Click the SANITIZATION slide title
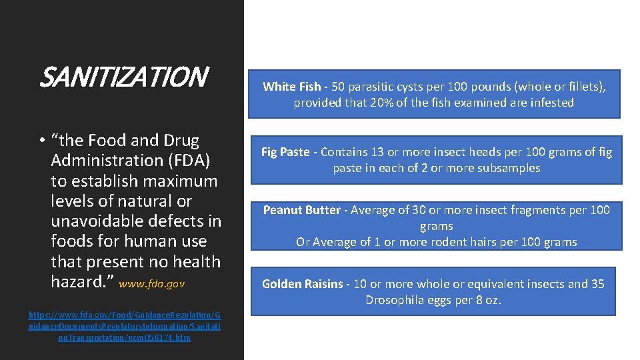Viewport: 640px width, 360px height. point(124,77)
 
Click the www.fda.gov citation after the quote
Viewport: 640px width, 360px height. point(152,284)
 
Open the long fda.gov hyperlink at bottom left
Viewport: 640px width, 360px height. point(125,325)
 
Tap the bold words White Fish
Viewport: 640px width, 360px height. point(291,87)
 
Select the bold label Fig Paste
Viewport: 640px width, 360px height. point(285,152)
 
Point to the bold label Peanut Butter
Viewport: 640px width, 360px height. point(301,210)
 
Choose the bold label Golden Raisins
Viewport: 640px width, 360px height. point(303,284)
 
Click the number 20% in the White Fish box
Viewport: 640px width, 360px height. point(381,103)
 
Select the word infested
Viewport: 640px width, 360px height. point(550,103)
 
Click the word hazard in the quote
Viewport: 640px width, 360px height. point(76,282)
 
